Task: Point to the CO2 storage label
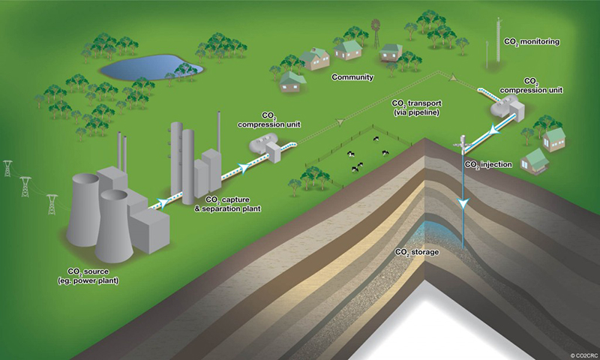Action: pyautogui.click(x=417, y=252)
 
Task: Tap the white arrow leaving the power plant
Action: pyautogui.click(x=160, y=202)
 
